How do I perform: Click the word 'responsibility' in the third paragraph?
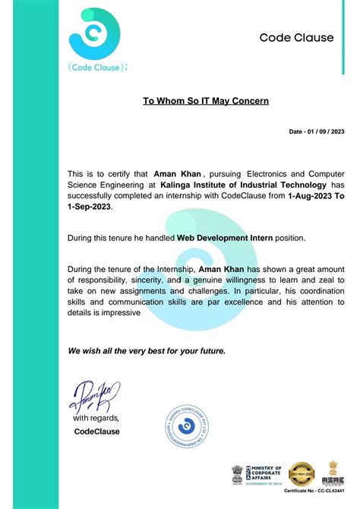96,280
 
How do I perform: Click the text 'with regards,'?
96,419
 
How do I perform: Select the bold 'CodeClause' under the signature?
96,432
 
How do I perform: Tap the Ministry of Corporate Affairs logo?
257,475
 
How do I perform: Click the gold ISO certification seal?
303,474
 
